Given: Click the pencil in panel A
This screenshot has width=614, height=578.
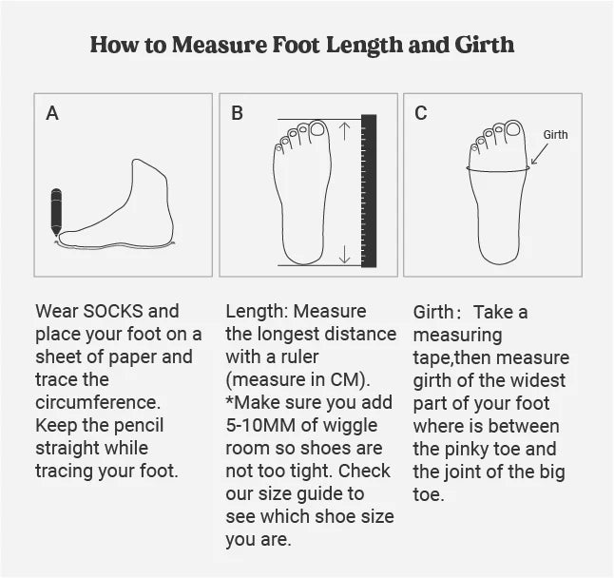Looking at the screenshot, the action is (x=56, y=212).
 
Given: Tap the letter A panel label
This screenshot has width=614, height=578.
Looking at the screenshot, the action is (x=52, y=113).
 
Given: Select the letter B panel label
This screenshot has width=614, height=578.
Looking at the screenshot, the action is (x=238, y=113).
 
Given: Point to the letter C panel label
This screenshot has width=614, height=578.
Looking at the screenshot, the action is (x=421, y=113).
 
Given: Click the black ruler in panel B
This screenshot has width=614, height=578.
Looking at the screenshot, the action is (x=369, y=191).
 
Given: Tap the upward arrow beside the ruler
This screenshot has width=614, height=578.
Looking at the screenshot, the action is (x=345, y=131).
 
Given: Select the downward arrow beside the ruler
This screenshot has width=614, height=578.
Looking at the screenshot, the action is (x=345, y=254).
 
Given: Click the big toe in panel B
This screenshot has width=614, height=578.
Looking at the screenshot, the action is (x=318, y=128).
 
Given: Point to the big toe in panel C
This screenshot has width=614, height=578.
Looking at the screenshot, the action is (x=514, y=128).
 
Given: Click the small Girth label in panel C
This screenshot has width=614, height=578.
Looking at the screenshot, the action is (x=555, y=135).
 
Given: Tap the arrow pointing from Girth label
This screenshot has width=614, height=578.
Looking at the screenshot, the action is (x=540, y=154).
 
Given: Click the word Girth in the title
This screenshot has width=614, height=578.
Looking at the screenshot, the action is (x=485, y=45).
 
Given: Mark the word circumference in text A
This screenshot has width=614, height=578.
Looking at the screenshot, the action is (x=98, y=402).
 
